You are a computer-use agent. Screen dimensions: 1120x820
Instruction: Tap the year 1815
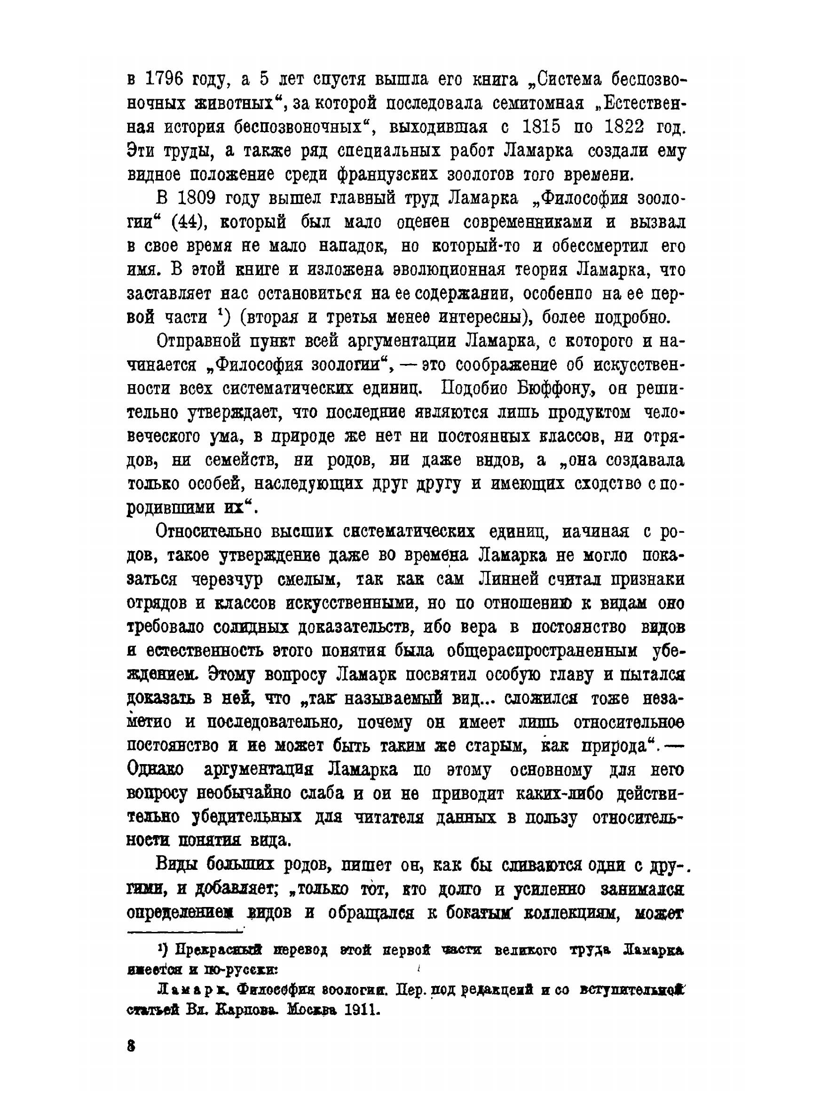coord(542,127)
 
